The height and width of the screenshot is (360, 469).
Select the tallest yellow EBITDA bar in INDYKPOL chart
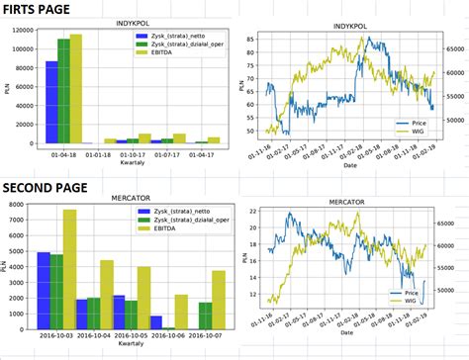76,89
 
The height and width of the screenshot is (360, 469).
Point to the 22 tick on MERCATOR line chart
252,212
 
